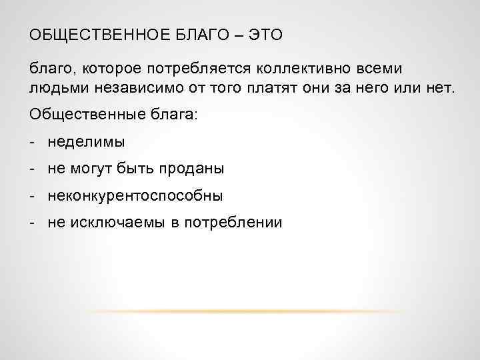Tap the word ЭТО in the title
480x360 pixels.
pos(265,34)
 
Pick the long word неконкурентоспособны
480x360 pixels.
pos(135,196)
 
